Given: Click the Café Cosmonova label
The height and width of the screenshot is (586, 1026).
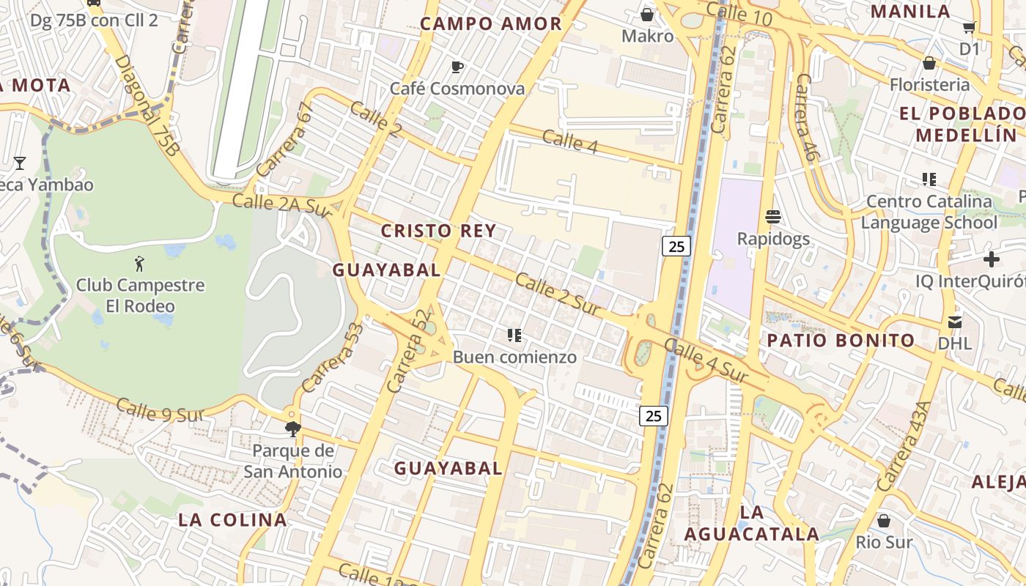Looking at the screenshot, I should [x=457, y=89].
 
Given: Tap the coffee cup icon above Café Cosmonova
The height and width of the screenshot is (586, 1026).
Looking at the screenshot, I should [x=457, y=67].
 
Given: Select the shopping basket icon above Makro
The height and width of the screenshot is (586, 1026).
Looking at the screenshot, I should [x=647, y=14].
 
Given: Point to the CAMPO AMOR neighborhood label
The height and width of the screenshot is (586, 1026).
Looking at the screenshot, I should [x=491, y=23].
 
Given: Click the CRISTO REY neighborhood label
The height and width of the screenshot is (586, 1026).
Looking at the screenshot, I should [x=438, y=231].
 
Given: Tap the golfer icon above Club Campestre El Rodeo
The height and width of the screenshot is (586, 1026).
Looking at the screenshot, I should [x=140, y=263].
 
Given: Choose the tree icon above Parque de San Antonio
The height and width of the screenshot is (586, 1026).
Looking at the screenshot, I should [x=293, y=429].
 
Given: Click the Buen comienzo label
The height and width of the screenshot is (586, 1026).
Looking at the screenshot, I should [x=514, y=357].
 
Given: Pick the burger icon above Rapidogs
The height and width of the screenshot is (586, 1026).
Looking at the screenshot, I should [x=773, y=217].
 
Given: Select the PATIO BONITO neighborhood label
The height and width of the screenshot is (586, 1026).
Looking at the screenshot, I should [x=841, y=340].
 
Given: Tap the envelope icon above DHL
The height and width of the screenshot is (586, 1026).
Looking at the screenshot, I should [x=954, y=322].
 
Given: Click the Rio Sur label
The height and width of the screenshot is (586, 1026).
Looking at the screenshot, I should [x=884, y=543].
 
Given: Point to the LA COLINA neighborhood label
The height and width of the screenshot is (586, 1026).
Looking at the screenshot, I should [x=233, y=520].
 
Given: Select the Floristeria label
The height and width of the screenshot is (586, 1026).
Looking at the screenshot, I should [x=929, y=85].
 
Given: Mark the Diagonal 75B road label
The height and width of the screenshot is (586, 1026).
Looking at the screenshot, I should [x=147, y=105].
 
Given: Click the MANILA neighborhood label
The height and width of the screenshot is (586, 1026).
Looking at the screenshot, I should [x=910, y=12].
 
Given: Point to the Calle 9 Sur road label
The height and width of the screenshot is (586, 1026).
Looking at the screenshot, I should [x=158, y=411].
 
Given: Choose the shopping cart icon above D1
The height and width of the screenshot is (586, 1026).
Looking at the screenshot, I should [x=969, y=28].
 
